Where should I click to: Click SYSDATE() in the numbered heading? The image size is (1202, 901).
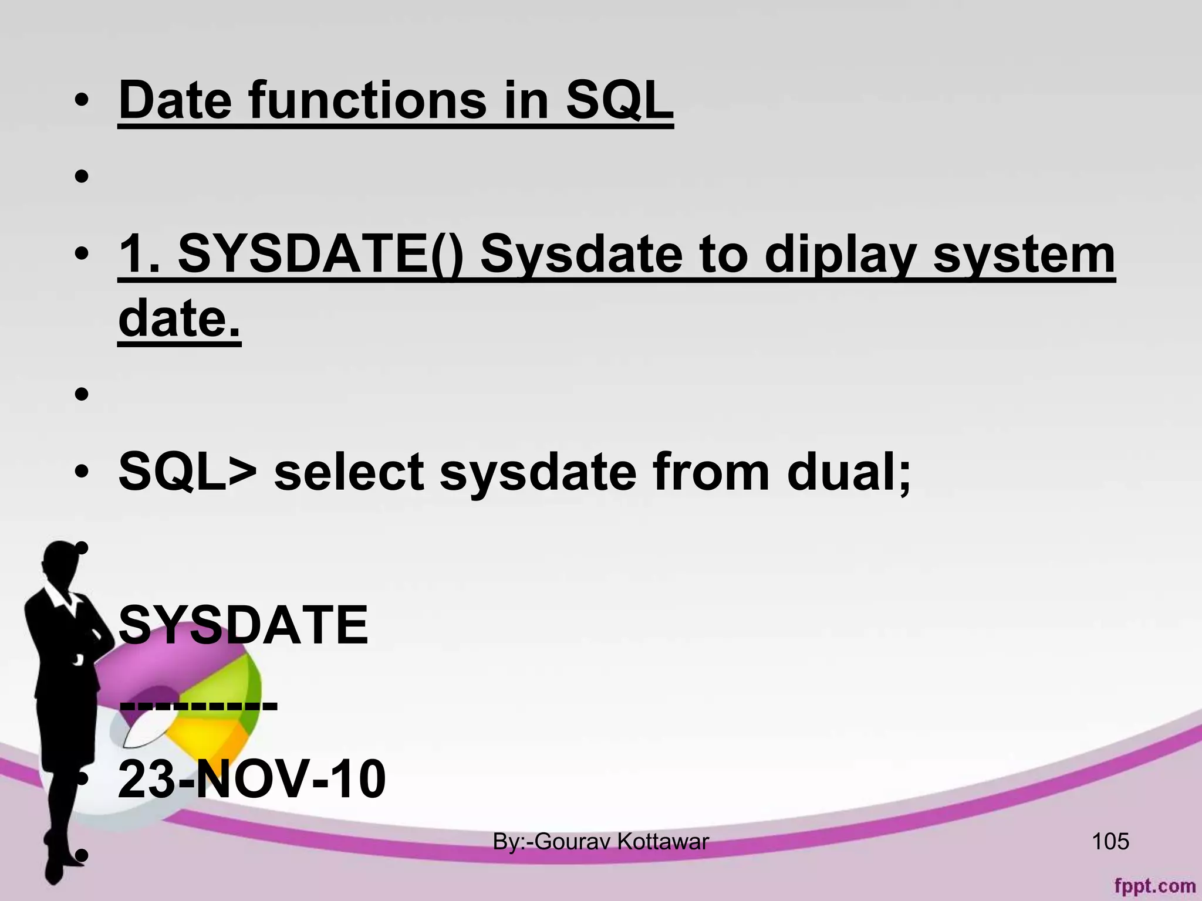point(320,256)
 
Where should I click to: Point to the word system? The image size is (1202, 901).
point(1024,256)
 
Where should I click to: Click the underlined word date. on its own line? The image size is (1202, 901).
point(180,319)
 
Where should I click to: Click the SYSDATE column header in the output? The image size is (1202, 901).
point(243,625)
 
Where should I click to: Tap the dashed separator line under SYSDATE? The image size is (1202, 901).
point(198,703)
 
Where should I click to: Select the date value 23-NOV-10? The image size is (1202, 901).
point(252,779)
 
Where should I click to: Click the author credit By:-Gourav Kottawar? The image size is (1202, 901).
point(600,842)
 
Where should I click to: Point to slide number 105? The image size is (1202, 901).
point(1110,842)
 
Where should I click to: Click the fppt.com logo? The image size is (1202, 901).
point(1154,885)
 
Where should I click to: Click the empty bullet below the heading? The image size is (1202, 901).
point(82,176)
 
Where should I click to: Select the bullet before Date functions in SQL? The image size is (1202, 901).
point(82,101)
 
